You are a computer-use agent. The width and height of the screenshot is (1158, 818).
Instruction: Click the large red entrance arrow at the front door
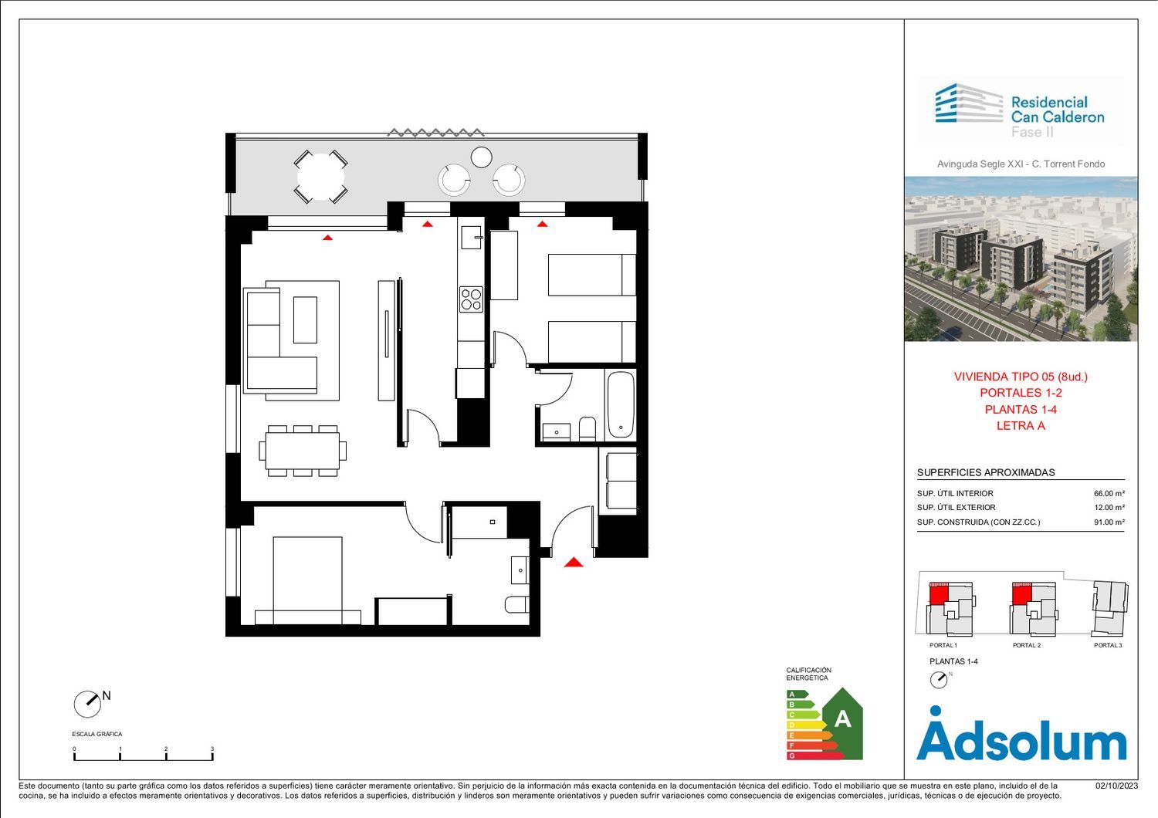574,563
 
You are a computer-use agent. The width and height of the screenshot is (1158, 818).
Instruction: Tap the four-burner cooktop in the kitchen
471,299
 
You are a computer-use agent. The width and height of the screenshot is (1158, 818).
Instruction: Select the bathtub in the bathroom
621,404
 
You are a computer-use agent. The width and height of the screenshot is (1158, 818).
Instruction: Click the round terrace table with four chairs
320,177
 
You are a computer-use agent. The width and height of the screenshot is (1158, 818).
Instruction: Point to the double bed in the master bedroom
307,580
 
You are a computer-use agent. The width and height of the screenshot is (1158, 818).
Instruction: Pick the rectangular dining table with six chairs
303,451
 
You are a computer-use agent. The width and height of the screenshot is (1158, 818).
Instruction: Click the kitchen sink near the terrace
472,237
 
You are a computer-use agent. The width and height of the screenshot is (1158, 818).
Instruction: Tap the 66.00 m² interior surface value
1109,493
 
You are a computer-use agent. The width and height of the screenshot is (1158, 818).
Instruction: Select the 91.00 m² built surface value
1109,522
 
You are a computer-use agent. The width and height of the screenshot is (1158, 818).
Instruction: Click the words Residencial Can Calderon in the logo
1057,110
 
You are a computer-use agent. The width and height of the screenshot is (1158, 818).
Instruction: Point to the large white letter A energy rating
843,718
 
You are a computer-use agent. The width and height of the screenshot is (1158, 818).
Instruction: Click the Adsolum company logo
1021,734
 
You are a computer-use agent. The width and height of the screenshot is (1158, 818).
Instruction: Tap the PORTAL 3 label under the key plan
1108,645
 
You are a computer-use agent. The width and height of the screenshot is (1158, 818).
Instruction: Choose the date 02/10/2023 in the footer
1116,786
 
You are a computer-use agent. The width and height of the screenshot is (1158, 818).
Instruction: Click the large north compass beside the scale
87,705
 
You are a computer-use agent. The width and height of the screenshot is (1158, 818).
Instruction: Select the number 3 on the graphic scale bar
212,749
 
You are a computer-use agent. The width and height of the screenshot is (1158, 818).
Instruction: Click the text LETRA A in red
1021,426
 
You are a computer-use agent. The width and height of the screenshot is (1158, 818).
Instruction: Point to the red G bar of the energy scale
814,755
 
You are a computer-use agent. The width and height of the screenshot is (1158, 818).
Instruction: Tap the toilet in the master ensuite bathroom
517,604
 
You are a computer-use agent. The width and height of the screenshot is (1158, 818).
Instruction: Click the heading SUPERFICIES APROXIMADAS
986,472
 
